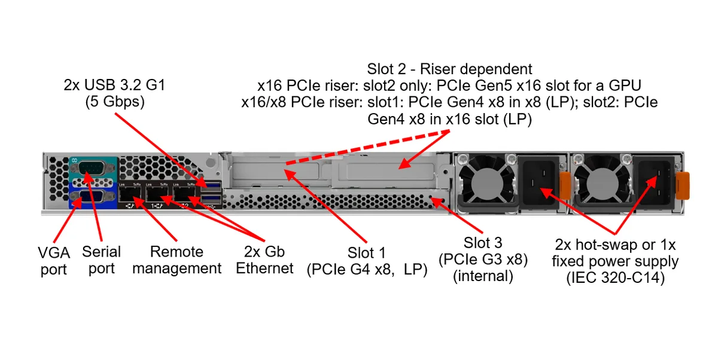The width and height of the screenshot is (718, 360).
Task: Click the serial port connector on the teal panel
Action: coord(92,169)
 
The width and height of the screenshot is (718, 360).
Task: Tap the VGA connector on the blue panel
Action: coord(92,197)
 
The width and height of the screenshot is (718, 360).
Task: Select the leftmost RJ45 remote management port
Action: coord(129,194)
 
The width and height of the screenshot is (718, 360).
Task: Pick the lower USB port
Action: coord(211,199)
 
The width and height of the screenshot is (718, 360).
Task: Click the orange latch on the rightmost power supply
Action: coord(683,186)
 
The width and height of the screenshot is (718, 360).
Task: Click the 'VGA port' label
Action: coord(53,261)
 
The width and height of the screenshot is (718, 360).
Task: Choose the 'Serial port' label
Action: coord(101,260)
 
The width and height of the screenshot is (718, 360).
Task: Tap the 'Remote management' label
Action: coord(177,260)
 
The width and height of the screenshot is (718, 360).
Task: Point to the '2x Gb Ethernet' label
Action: coord(264,260)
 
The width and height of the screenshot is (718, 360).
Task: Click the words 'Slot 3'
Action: coord(483,243)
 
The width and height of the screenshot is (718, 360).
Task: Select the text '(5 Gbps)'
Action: coord(115,102)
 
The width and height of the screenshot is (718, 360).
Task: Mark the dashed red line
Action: coord(367,147)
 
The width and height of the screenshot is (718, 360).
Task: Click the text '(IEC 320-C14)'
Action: coord(616,277)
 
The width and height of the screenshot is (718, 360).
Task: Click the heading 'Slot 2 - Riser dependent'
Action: coord(449,69)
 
